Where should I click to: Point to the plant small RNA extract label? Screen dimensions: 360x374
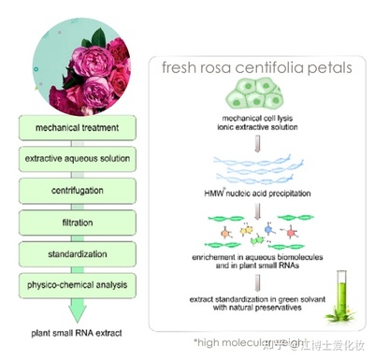[x=74, y=332]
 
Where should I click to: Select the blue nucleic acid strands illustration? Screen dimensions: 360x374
[x=254, y=168]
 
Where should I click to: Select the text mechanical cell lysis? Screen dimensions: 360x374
[x=254, y=121]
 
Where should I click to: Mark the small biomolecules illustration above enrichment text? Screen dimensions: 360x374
[x=253, y=230]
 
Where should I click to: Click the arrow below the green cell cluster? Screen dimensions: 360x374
[x=254, y=140]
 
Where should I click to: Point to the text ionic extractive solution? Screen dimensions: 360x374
[x=254, y=130]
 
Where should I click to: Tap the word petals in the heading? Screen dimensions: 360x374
[x=336, y=67]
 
